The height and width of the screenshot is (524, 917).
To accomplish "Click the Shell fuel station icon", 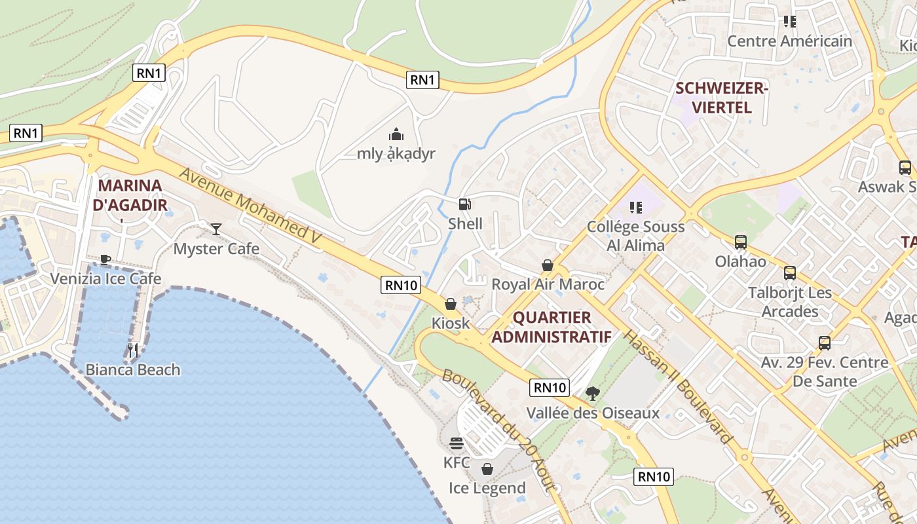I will (464, 204).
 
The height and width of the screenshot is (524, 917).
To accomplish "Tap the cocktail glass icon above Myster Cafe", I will (216, 229).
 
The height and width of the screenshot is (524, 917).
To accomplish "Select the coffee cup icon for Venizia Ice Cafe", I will (105, 259).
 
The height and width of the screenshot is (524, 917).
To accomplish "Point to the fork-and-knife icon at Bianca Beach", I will (133, 350).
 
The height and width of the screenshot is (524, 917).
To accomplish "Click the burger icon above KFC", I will (457, 443).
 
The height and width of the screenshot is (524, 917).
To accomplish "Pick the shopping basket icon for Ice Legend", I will (487, 469).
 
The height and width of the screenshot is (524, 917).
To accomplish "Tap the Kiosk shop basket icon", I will (451, 304).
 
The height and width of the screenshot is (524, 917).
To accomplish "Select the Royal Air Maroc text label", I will (548, 284).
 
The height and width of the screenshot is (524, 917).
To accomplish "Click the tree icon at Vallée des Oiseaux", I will (593, 393).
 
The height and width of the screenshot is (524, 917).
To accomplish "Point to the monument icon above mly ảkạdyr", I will (396, 134).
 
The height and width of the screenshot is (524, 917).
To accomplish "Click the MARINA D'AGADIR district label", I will (130, 195).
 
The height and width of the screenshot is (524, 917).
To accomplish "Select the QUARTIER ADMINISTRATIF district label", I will (552, 327).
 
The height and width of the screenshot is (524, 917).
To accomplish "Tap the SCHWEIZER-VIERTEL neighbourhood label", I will (721, 98).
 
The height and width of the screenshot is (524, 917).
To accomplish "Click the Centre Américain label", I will (790, 41).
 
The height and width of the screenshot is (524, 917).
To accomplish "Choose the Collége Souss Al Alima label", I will (635, 236).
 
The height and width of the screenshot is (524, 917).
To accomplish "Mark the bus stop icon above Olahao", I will (741, 242).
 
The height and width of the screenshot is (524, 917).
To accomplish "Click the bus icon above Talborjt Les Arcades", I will (790, 272).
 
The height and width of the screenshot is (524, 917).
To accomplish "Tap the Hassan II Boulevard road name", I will (677, 386).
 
